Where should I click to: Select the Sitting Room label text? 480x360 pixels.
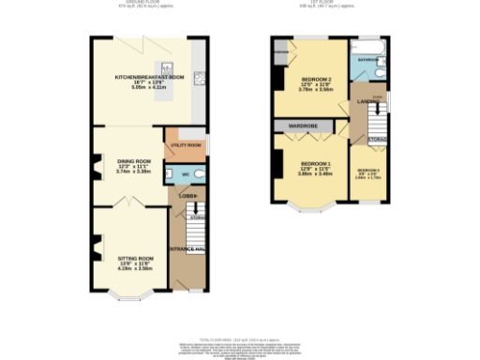[x=134, y=256]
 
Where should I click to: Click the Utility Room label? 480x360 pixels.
[x=184, y=145]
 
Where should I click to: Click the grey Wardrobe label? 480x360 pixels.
[x=305, y=125]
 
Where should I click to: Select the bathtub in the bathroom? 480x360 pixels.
[x=366, y=45]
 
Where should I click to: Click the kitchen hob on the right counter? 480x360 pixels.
[x=201, y=77]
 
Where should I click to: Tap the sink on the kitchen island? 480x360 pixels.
[x=165, y=67]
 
